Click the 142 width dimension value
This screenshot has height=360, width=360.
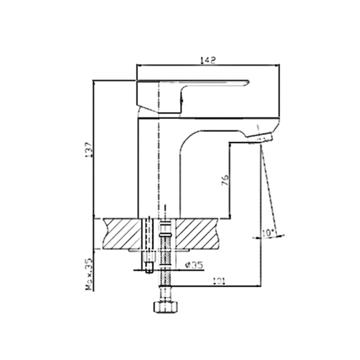(x=208, y=60)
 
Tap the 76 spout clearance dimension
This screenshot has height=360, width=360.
(x=224, y=180)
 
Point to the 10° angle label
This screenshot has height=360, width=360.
(x=268, y=233)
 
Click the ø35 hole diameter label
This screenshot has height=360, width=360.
(x=194, y=265)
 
